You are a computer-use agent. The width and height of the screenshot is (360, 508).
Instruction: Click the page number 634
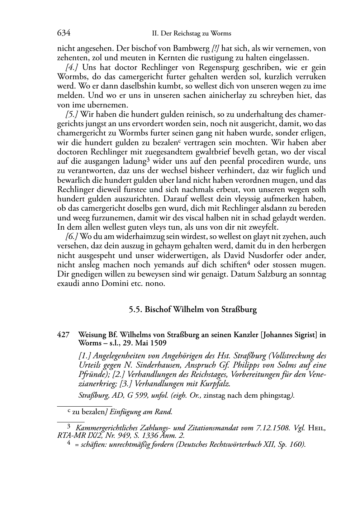(63, 33)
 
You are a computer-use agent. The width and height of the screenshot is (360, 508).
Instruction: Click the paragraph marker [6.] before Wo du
(72, 236)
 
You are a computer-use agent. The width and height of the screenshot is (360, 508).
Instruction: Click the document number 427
(63, 335)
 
